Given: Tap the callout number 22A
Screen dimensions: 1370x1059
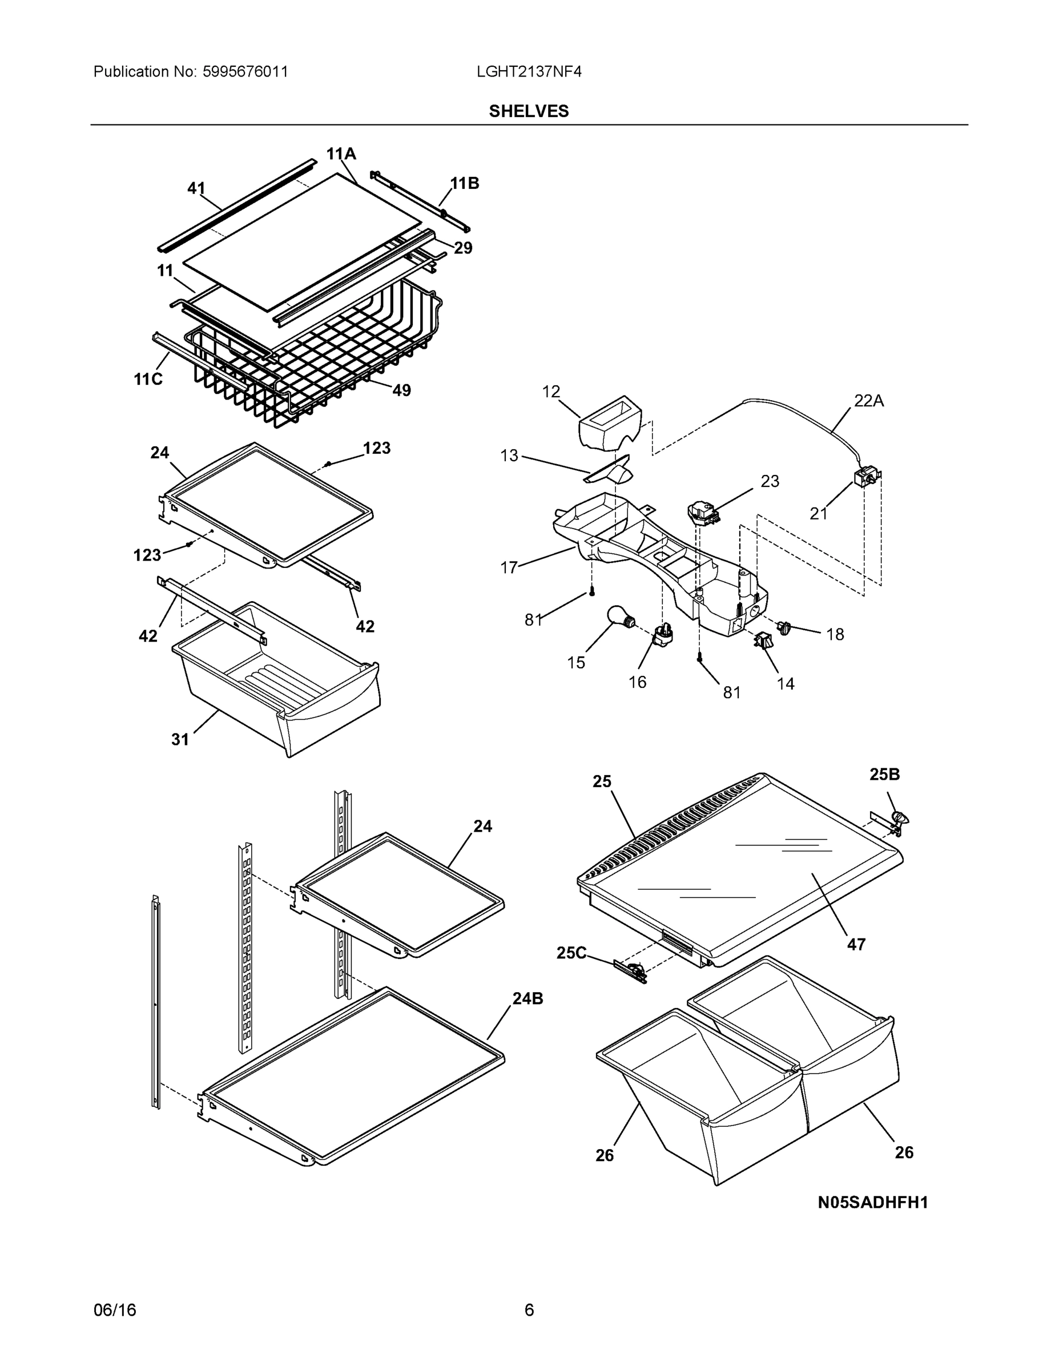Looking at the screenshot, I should tap(868, 401).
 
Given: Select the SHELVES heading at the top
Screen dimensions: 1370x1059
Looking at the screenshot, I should tap(529, 111).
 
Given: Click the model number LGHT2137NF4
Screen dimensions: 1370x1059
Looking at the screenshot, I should tap(529, 71).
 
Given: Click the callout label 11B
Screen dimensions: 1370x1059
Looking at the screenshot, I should tap(465, 183).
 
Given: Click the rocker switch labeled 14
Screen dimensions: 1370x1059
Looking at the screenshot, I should tap(763, 641).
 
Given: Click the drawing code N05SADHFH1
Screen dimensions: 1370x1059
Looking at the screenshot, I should tap(873, 1203).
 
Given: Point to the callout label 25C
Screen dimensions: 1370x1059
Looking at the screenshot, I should tap(571, 953).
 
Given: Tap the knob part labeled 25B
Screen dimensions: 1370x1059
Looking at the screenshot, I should tap(900, 818).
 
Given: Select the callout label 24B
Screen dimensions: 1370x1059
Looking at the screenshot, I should tap(528, 998).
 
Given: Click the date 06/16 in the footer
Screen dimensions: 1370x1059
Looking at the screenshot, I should tap(115, 1311).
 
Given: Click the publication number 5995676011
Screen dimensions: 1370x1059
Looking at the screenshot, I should tap(245, 71).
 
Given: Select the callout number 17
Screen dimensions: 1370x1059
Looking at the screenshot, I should tap(509, 568).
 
